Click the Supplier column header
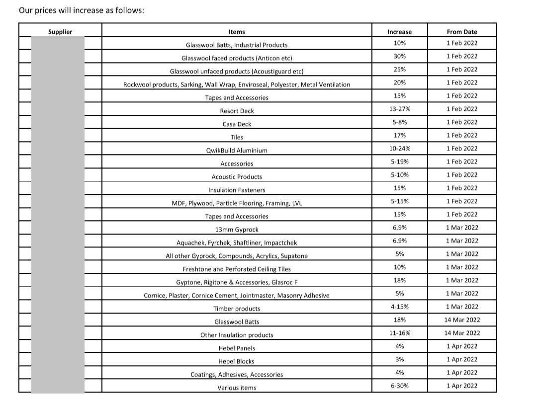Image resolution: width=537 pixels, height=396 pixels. [60, 32]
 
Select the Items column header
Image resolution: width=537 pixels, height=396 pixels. [237, 32]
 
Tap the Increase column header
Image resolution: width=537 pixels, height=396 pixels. [399, 32]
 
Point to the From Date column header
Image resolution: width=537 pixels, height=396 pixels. [461, 32]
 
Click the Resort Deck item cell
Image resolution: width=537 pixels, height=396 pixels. [237, 111]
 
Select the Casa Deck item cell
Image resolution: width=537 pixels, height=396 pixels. [237, 124]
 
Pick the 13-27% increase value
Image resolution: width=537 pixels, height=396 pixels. [399, 109]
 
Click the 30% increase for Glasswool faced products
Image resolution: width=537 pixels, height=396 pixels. [399, 56]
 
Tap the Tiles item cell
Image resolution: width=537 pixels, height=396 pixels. [237, 137]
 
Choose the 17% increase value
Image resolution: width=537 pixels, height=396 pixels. [399, 135]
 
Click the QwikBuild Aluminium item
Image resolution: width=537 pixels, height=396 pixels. [237, 150]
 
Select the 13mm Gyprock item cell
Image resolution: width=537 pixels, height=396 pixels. [237, 230]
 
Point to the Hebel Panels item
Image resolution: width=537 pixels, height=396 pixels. [237, 348]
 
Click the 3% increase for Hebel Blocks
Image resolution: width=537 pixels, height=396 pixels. [399, 359]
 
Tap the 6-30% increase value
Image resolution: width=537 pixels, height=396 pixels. [399, 386]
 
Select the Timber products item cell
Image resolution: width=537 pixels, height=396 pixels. [237, 309]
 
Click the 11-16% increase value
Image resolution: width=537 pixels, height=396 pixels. [399, 333]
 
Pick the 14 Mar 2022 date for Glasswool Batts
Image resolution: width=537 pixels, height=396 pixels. [462, 320]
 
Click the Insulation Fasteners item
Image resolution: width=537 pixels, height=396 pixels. [237, 190]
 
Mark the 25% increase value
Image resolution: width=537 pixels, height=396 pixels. [399, 70]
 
